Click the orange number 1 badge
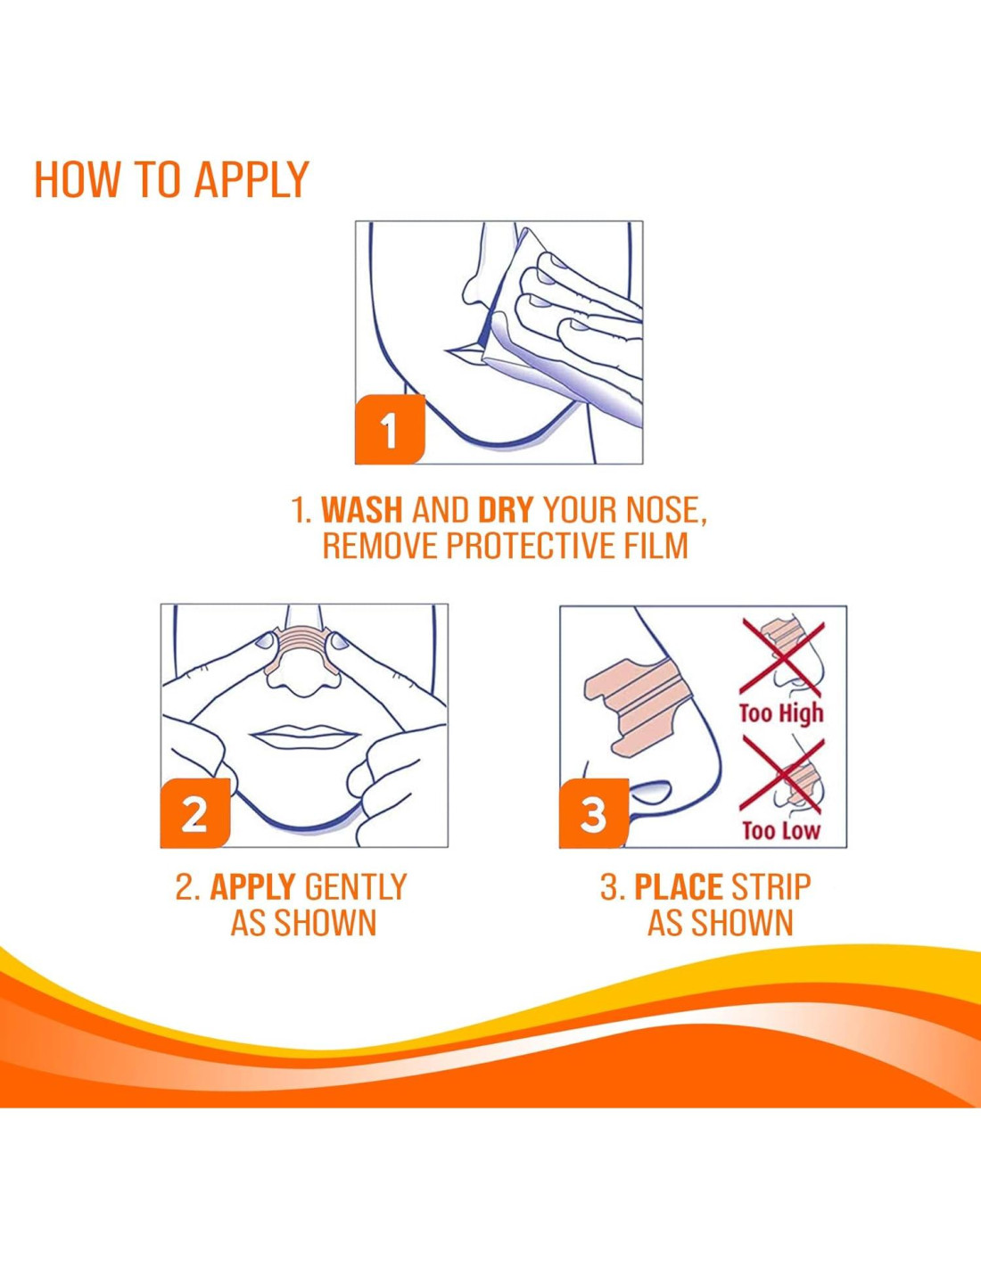point(390,429)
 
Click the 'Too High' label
point(781,713)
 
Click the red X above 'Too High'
point(782,658)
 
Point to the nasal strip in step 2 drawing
point(303,651)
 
